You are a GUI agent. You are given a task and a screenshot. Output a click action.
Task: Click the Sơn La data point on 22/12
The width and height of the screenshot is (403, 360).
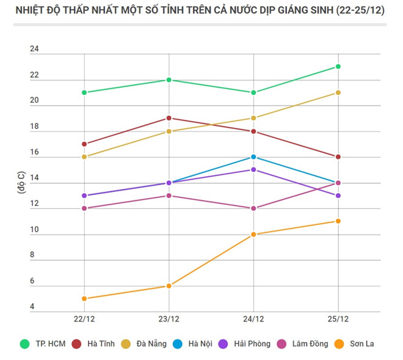click(x=84, y=298)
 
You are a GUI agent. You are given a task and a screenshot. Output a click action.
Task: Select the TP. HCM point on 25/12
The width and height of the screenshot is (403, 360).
click(x=338, y=67)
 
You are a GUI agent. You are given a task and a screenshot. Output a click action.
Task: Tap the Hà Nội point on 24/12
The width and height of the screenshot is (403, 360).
click(x=253, y=157)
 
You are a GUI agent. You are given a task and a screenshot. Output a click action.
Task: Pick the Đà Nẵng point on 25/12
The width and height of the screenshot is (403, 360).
click(x=338, y=92)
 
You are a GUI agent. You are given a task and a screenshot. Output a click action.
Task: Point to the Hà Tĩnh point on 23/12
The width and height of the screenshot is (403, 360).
click(x=169, y=118)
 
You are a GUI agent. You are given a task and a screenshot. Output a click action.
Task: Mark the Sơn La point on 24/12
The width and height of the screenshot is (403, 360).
click(x=253, y=234)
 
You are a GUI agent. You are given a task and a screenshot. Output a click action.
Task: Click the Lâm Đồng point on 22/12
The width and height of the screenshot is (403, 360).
click(x=84, y=208)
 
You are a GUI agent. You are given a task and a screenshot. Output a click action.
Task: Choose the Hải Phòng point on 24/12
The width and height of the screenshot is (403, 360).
click(x=253, y=169)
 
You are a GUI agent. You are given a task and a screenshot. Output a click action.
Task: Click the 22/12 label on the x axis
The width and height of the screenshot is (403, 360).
click(x=84, y=319)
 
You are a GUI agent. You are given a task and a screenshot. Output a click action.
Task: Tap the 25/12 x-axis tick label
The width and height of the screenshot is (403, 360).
click(x=338, y=319)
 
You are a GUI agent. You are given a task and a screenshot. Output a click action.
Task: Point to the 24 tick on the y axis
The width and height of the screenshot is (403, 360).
click(x=34, y=50)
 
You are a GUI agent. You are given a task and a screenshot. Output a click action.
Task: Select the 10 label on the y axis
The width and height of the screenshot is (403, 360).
click(x=34, y=230)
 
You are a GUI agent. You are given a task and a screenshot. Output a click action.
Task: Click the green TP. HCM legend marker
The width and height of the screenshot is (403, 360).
click(x=25, y=344)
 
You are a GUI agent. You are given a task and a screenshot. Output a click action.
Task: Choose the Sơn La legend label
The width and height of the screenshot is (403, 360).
click(x=362, y=344)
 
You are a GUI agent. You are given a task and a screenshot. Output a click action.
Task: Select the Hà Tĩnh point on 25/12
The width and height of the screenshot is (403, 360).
click(x=338, y=156)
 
